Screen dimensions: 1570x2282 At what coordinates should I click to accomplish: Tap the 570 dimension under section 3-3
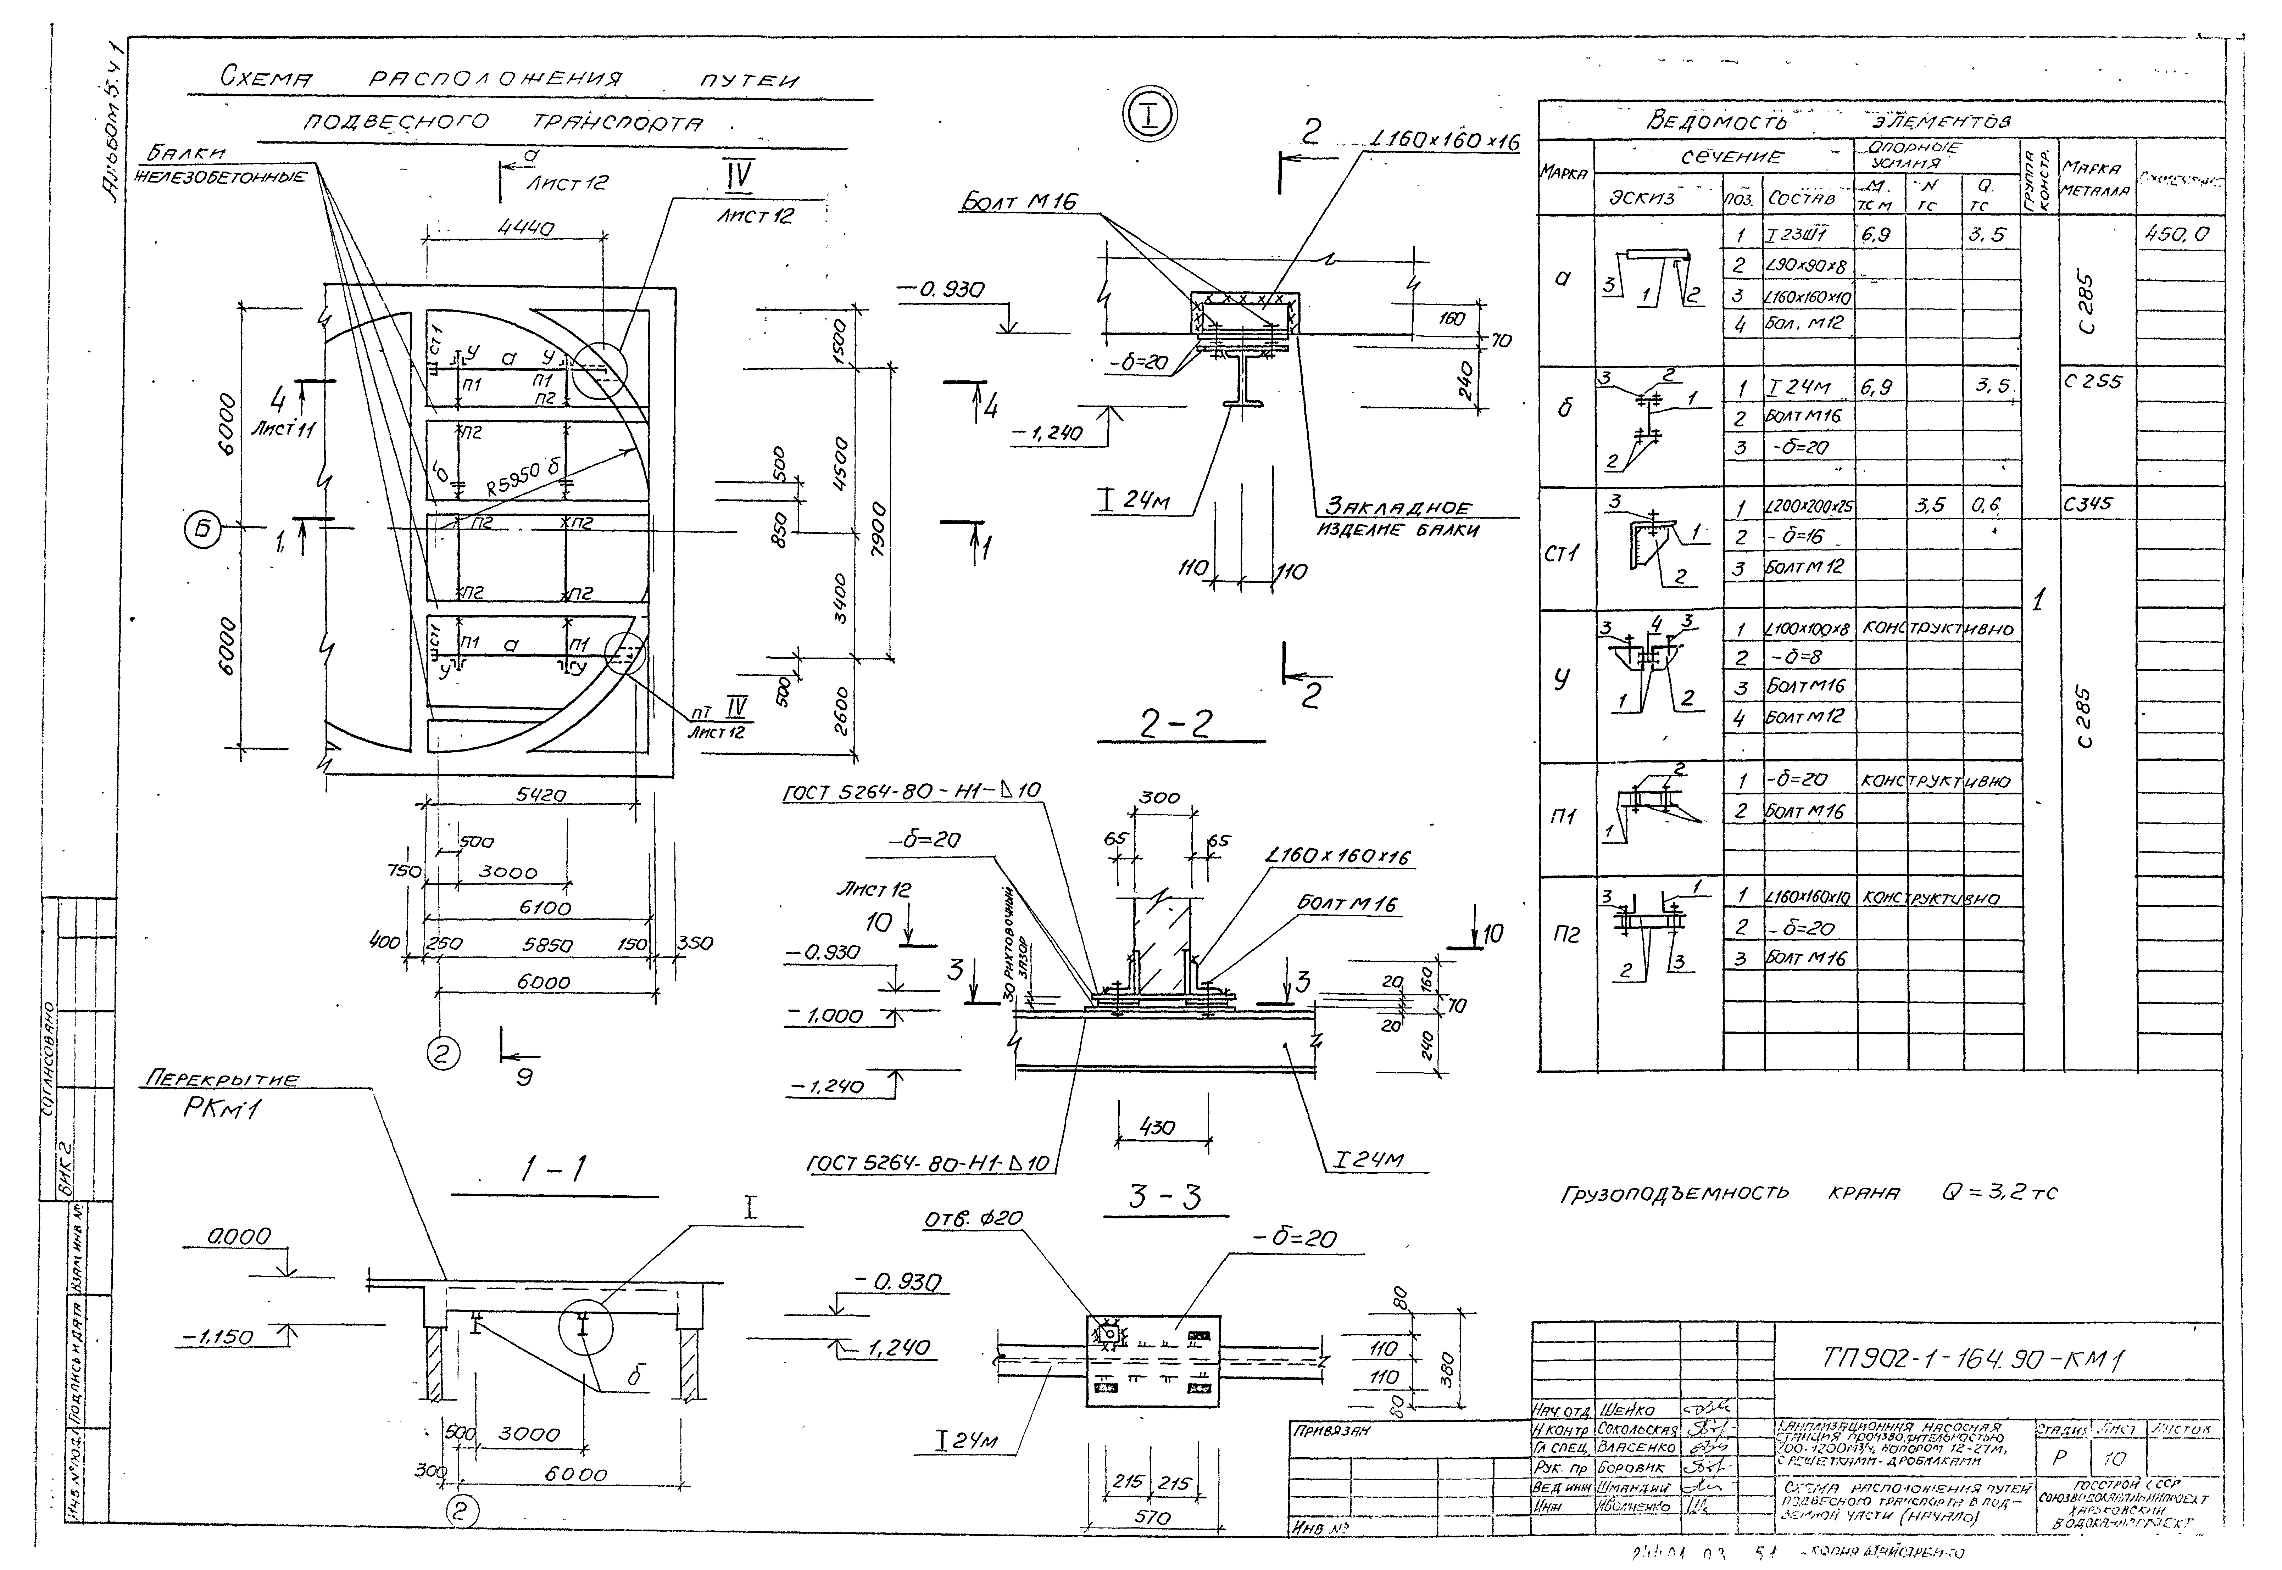coord(1152,1517)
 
